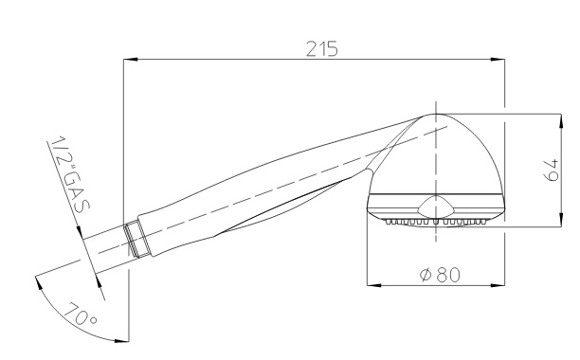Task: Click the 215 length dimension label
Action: pyautogui.click(x=322, y=48)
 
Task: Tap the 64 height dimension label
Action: pyautogui.click(x=552, y=170)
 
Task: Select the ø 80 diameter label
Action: pyautogui.click(x=440, y=275)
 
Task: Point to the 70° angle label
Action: pyautogui.click(x=81, y=315)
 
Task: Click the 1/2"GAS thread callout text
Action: pyautogui.click(x=69, y=173)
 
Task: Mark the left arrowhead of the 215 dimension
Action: pyautogui.click(x=130, y=59)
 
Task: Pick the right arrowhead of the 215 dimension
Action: pyautogui.click(x=498, y=59)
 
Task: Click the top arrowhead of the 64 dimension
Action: pyautogui.click(x=561, y=121)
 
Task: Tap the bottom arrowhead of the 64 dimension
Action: pyautogui.click(x=561, y=219)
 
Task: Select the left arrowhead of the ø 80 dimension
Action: pyautogui.click(x=374, y=285)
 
